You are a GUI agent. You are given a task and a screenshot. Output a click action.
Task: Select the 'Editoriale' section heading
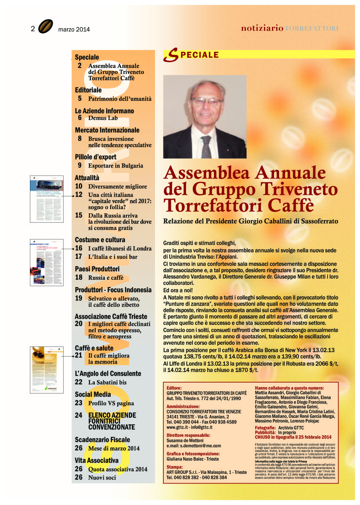coord(88,90)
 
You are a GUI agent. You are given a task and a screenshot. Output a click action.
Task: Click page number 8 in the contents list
coord(80,138)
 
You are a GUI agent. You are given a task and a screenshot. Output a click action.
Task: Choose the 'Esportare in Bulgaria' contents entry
coord(115,166)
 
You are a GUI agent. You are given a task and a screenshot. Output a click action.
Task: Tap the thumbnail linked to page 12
coord(46,196)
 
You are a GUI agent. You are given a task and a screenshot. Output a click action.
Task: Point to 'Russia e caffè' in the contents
coord(106,278)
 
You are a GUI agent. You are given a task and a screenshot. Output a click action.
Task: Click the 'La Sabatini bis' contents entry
coord(107,383)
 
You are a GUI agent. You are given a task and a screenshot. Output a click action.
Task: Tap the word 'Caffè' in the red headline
coord(287,205)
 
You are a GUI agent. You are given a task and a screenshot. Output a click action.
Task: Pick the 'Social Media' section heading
coord(93,394)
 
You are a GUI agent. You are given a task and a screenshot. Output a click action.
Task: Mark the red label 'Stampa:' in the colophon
coord(175,467)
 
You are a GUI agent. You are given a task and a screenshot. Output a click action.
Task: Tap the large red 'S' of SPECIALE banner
coord(170,55)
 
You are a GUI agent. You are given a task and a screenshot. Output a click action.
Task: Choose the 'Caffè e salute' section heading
coord(94,348)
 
